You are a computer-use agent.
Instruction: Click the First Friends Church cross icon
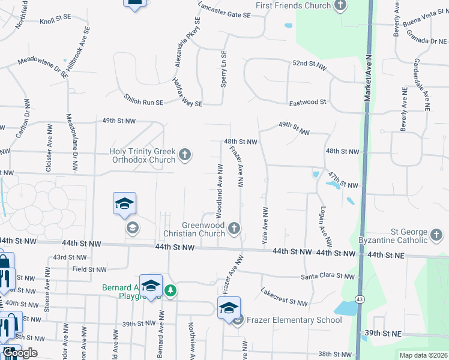[341, 6]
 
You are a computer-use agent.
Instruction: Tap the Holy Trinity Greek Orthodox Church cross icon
[185, 155]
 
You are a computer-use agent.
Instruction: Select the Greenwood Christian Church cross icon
[234, 228]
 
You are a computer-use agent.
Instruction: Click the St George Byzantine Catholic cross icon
[437, 232]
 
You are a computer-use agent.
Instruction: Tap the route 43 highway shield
[360, 299]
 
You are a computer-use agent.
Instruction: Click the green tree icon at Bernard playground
[171, 290]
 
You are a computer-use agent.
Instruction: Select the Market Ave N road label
[369, 72]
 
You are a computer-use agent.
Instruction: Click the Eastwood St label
[307, 103]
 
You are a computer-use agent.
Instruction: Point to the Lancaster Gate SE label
[224, 10]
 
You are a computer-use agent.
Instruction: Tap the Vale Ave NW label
[265, 225]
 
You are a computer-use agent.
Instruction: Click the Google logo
[20, 353]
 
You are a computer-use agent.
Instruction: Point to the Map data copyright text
[423, 355]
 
